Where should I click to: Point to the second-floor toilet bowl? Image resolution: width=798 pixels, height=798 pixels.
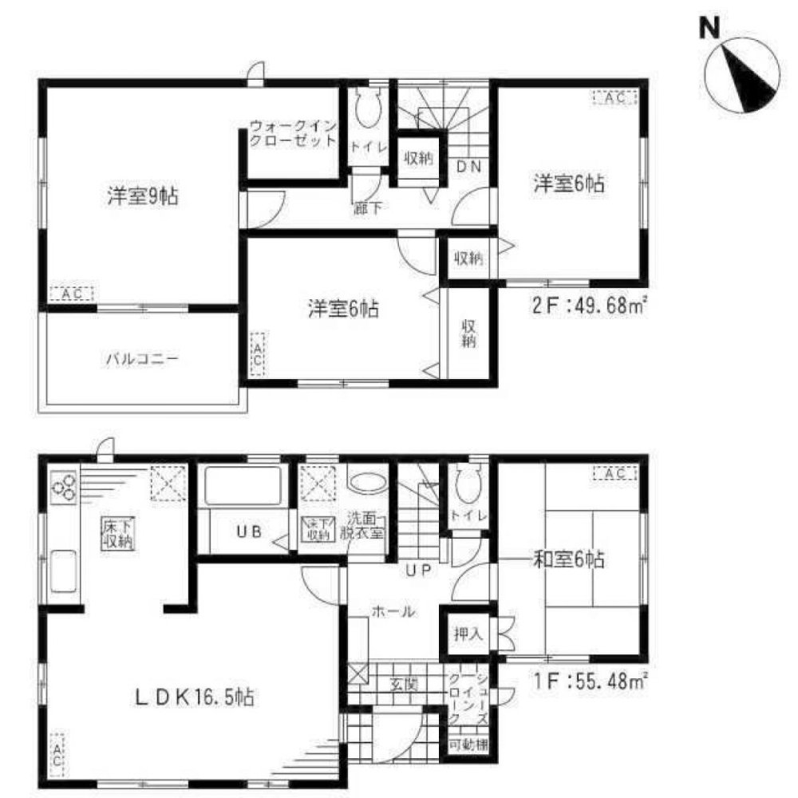click(367, 113)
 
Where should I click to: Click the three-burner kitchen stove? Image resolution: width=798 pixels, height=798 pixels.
click(63, 486)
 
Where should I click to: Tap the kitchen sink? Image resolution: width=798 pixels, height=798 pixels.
click(62, 573)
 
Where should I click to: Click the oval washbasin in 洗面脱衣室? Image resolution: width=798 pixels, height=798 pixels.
click(367, 484)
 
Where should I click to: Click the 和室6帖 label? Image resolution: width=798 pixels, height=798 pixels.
click(567, 561)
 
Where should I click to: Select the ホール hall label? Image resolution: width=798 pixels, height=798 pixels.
click(392, 612)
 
